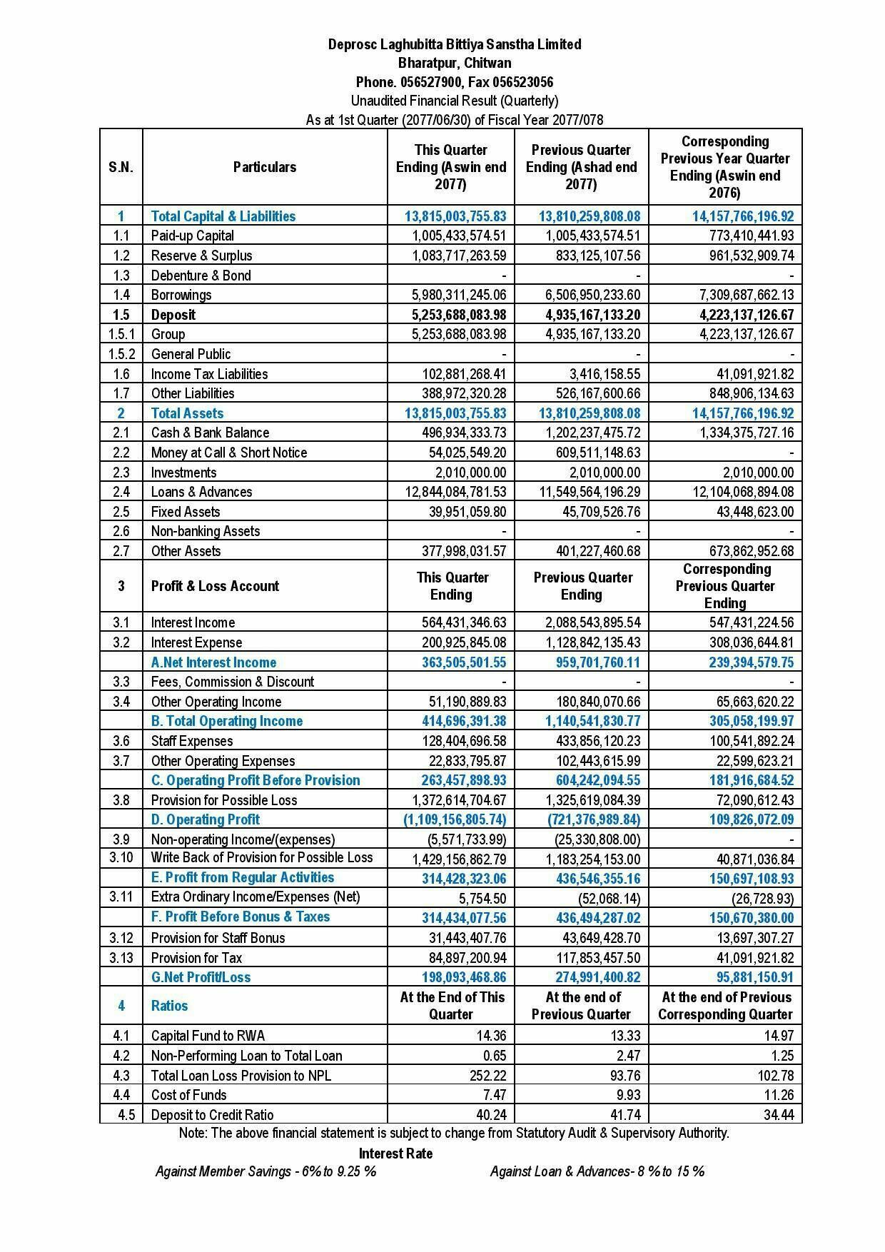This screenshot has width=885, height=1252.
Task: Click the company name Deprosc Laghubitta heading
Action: [454, 44]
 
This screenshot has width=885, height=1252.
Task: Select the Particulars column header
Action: [264, 167]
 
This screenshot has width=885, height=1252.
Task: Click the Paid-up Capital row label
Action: [192, 236]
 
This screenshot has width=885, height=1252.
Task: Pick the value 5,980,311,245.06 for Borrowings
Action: [459, 295]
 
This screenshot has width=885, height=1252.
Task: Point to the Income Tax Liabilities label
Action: [209, 374]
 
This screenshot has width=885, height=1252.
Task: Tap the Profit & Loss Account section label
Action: [215, 586]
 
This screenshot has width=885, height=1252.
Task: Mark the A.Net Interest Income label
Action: [213, 662]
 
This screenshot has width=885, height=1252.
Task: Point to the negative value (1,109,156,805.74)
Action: [455, 819]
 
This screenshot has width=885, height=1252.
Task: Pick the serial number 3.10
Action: [121, 857]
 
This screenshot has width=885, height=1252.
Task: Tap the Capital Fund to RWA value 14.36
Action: [492, 1036]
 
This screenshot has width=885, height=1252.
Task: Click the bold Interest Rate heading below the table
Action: [395, 1153]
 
